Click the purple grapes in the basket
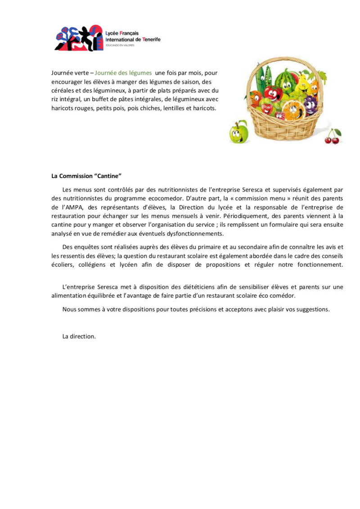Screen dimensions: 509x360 pos(310,104)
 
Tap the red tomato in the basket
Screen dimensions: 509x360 pos(273,94)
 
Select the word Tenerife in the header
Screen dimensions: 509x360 pos(151,40)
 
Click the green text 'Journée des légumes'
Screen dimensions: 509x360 pos(123,73)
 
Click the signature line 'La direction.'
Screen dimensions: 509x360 pos(79,336)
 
